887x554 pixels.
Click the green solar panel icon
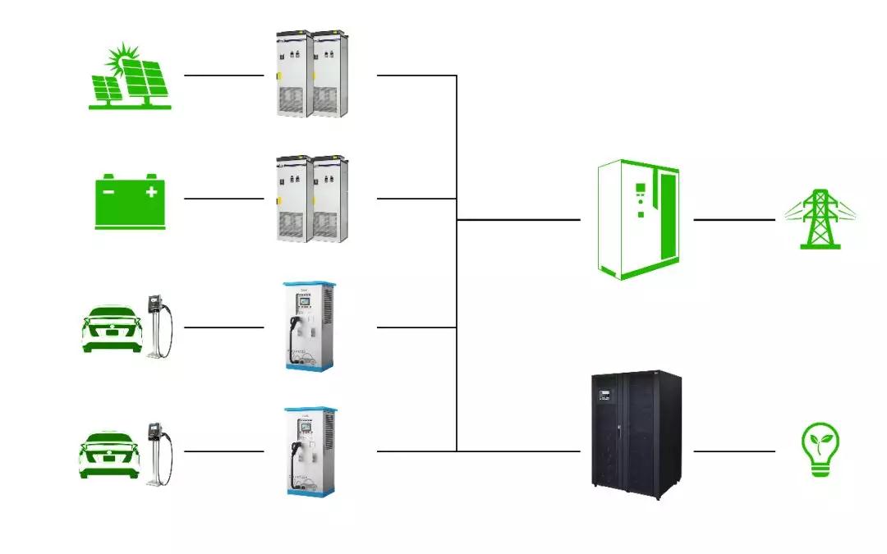[x=131, y=77]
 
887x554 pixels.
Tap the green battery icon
[x=131, y=200]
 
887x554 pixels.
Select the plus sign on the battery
[x=151, y=192]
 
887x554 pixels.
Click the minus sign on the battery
[x=109, y=192]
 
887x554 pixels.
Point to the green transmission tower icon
[x=818, y=219]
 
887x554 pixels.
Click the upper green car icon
[x=110, y=328]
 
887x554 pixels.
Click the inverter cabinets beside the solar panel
[x=308, y=74]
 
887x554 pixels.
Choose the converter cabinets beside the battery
[x=308, y=198]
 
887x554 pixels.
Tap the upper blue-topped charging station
[x=310, y=326]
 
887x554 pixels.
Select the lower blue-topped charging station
[x=310, y=451]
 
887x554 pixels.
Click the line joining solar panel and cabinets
[x=224, y=76]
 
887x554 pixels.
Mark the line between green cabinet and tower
[x=734, y=220]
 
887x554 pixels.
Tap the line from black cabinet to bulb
[x=734, y=451]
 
